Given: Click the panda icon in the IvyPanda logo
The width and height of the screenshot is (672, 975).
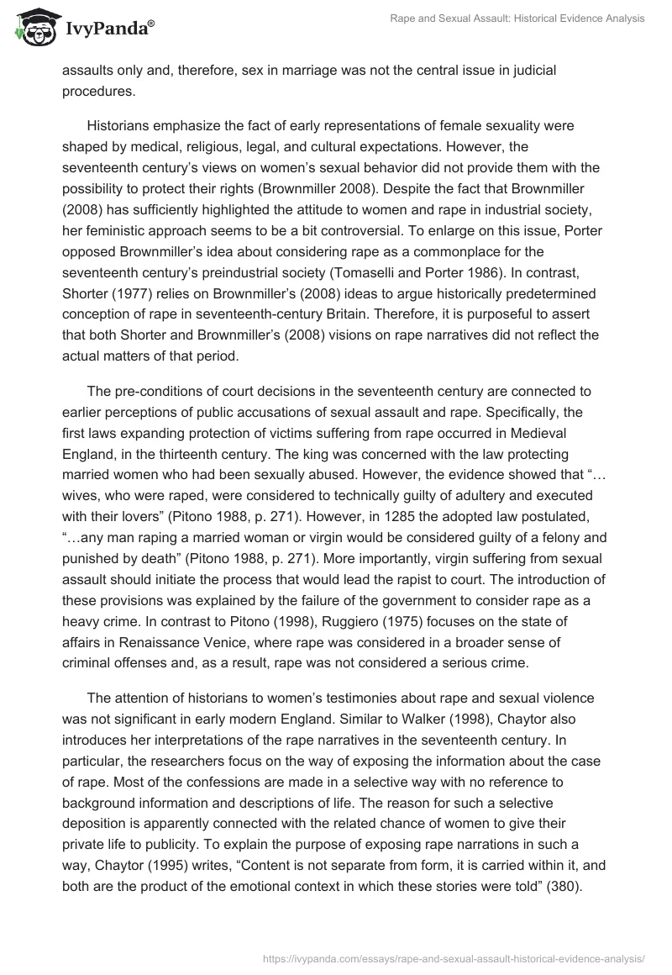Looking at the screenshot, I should point(34,28).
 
